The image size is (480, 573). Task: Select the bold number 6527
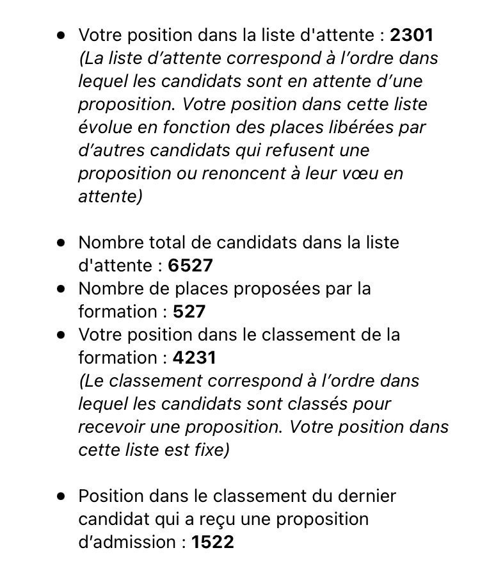(191, 266)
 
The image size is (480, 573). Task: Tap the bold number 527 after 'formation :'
(189, 312)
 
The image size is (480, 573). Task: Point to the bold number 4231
(195, 358)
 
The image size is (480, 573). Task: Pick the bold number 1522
(212, 542)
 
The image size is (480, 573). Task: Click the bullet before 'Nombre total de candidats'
(61, 243)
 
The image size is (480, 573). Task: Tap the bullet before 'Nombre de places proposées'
(61, 289)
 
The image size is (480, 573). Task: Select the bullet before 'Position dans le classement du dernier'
(61, 496)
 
